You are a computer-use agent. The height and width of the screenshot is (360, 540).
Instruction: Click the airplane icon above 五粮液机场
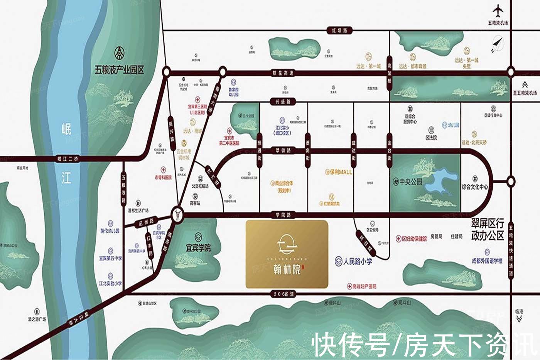coord(498,10)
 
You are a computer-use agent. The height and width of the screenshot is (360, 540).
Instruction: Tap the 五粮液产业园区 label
coord(119,70)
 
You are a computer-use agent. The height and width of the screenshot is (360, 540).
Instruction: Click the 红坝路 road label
coord(339,30)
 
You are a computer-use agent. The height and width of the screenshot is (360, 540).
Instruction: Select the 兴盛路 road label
coord(283,102)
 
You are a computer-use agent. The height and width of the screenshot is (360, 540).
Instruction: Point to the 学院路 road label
coord(283,215)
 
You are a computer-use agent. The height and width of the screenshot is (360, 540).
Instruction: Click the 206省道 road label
coord(283,294)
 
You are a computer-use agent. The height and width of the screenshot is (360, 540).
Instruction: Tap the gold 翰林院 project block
coord(287,255)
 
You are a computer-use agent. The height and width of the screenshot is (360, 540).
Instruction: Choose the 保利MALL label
coord(339,172)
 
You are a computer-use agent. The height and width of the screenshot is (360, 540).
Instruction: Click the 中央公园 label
coord(408,182)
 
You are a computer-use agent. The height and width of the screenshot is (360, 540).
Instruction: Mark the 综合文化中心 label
coord(475,187)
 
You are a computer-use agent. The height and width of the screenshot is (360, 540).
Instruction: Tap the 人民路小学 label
coord(354,261)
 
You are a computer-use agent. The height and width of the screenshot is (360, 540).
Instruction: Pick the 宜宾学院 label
coord(198,248)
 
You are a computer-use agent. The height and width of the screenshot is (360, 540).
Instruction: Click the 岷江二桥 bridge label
coord(67,159)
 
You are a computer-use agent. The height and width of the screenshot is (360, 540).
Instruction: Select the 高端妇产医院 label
coord(361,287)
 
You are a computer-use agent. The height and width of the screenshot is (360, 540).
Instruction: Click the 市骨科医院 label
coord(163,177)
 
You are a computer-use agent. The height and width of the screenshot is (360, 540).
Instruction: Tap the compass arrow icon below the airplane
coord(498,43)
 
